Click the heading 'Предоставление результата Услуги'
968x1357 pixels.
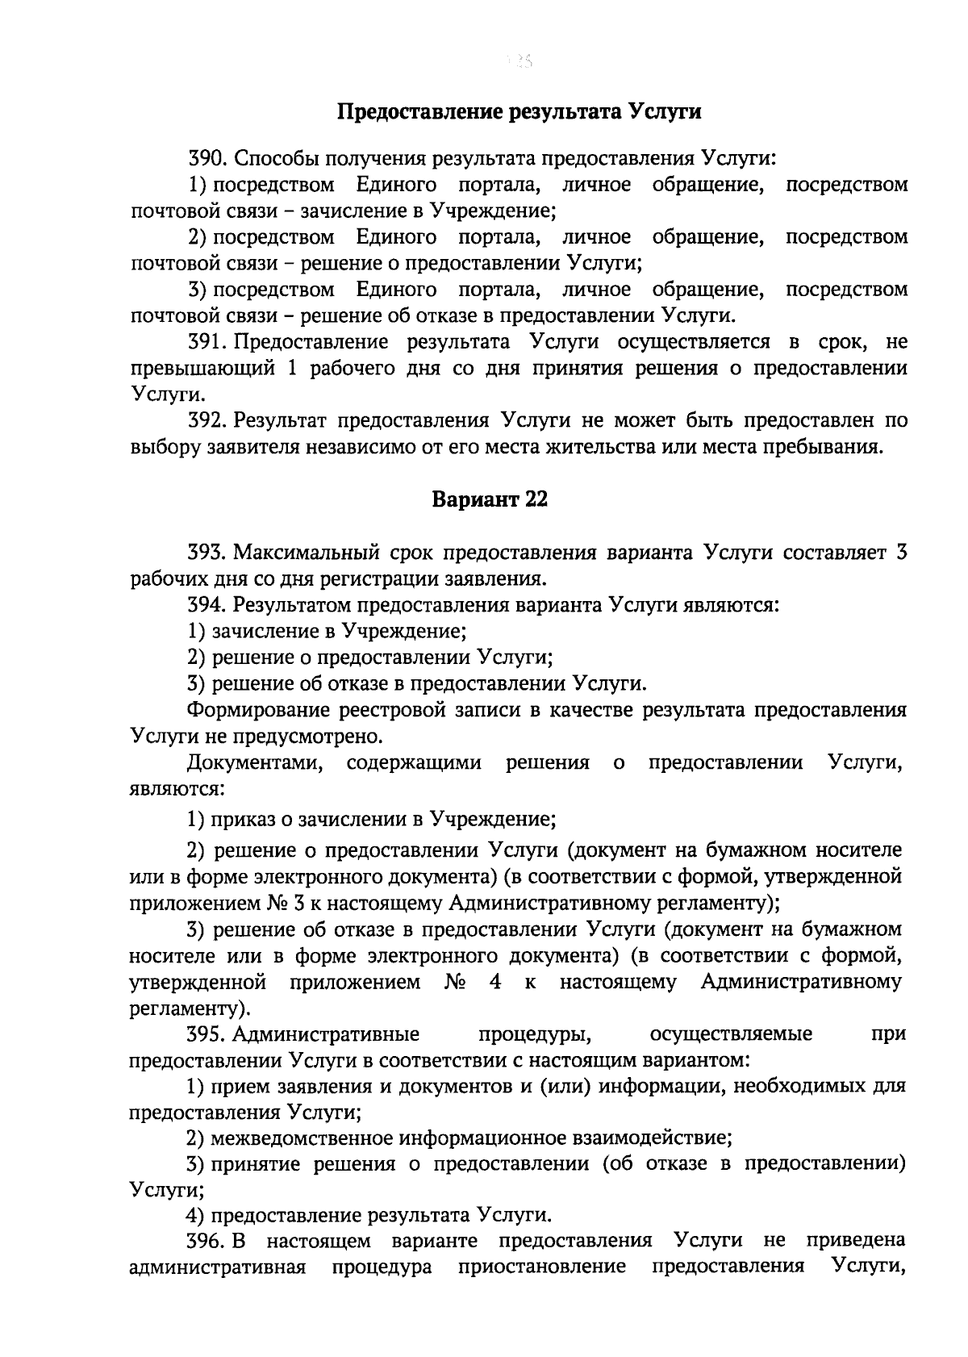[518, 111]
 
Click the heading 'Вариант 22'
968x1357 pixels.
[490, 499]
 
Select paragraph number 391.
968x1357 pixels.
[207, 342]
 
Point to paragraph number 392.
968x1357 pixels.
[207, 420]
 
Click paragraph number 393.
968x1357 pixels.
[207, 553]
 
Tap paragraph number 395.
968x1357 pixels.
[207, 1033]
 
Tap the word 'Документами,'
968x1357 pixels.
[255, 762]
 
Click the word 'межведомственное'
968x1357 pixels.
[299, 1138]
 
